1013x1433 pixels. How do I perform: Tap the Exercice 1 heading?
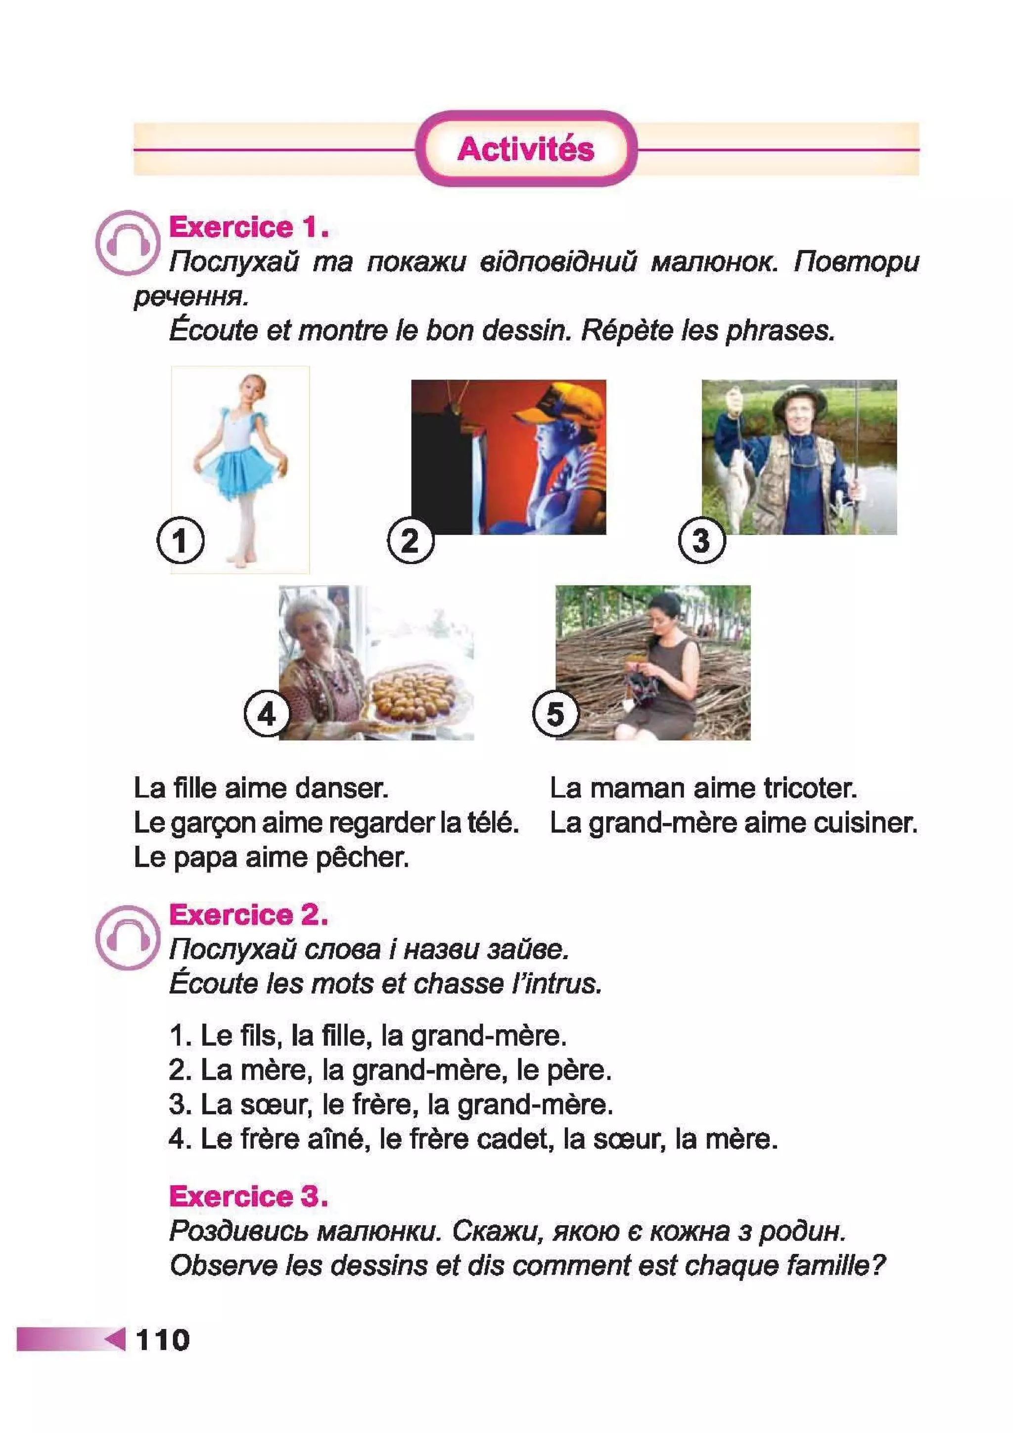(x=248, y=227)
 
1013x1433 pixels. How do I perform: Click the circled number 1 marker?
(x=181, y=541)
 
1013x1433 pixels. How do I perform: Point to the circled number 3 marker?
(x=701, y=541)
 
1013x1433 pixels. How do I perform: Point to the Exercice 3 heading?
(x=248, y=1197)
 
